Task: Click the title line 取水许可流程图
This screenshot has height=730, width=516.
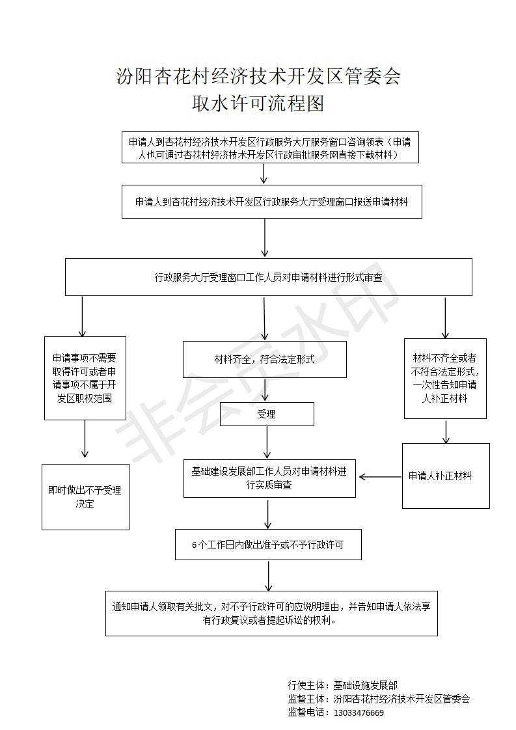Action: [x=258, y=103]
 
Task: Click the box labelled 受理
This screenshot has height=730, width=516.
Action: [x=267, y=414]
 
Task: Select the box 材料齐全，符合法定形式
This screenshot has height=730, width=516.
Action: [x=265, y=359]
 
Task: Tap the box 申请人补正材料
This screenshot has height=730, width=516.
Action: [x=446, y=476]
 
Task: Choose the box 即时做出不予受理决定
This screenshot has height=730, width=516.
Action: [x=85, y=497]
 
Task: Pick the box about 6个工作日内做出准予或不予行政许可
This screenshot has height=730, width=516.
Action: [x=268, y=544]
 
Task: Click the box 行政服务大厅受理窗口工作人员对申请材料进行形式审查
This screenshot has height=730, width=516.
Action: [x=269, y=277]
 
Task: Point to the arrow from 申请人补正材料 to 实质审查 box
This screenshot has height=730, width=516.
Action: [x=381, y=477]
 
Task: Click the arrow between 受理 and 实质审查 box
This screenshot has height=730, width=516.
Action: [x=267, y=442]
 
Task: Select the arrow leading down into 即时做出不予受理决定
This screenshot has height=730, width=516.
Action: [x=85, y=439]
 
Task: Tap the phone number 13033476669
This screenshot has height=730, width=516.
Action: [x=359, y=713]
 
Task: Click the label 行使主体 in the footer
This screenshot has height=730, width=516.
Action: [x=306, y=685]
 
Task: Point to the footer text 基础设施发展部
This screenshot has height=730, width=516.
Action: [x=366, y=685]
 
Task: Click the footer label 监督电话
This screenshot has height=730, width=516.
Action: [x=306, y=713]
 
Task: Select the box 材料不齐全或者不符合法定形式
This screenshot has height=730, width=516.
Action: [x=445, y=379]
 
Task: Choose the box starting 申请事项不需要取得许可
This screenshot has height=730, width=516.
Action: [x=85, y=378]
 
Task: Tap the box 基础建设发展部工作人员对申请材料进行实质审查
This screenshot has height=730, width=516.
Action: [x=269, y=478]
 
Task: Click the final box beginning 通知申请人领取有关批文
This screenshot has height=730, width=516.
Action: [x=271, y=613]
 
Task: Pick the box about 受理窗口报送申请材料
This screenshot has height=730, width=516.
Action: [x=272, y=202]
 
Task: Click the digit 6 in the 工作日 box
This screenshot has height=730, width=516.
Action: [x=194, y=545]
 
